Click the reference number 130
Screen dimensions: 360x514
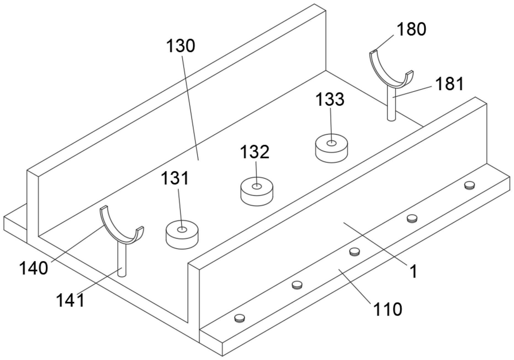181,46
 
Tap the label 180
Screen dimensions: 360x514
411,29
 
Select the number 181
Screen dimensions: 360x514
449,84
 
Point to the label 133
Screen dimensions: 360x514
330,99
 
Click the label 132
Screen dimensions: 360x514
255,152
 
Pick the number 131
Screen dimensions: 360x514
175,178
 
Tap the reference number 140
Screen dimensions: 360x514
33,268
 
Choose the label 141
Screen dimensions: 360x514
70,300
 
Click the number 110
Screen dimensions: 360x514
388,309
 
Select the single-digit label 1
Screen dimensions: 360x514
413,272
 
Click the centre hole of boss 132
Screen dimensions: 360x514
257,186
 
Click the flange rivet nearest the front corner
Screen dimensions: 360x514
240,318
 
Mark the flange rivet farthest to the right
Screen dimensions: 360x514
469,185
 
